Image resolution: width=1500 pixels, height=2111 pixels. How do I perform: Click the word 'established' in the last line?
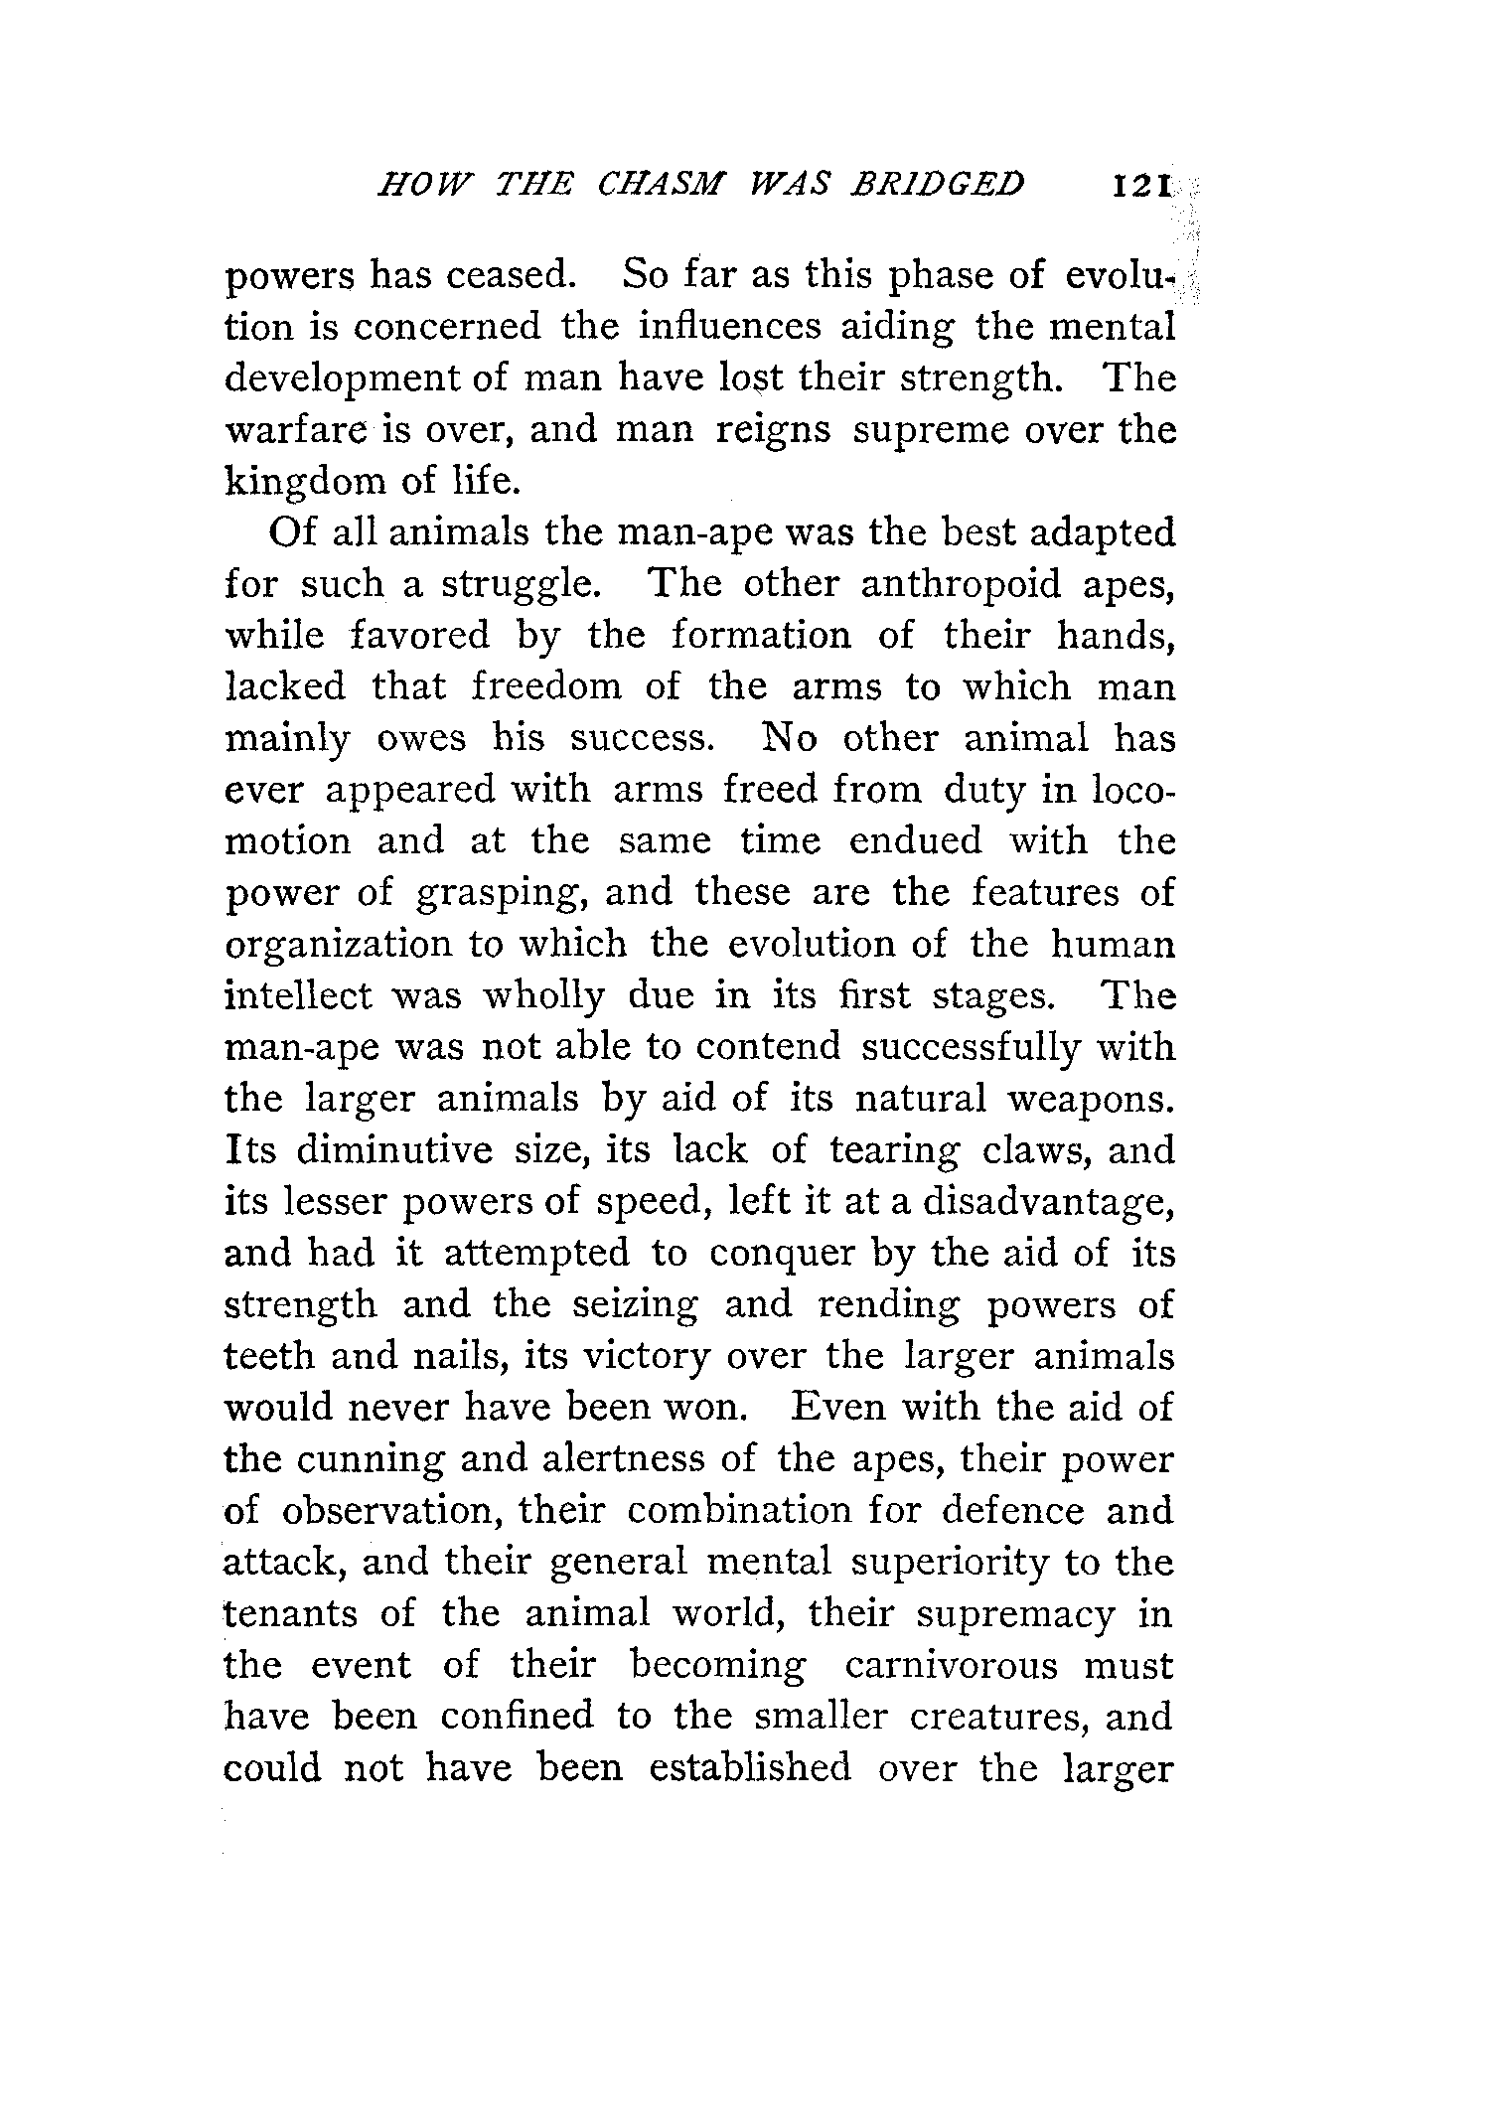click(x=749, y=1768)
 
